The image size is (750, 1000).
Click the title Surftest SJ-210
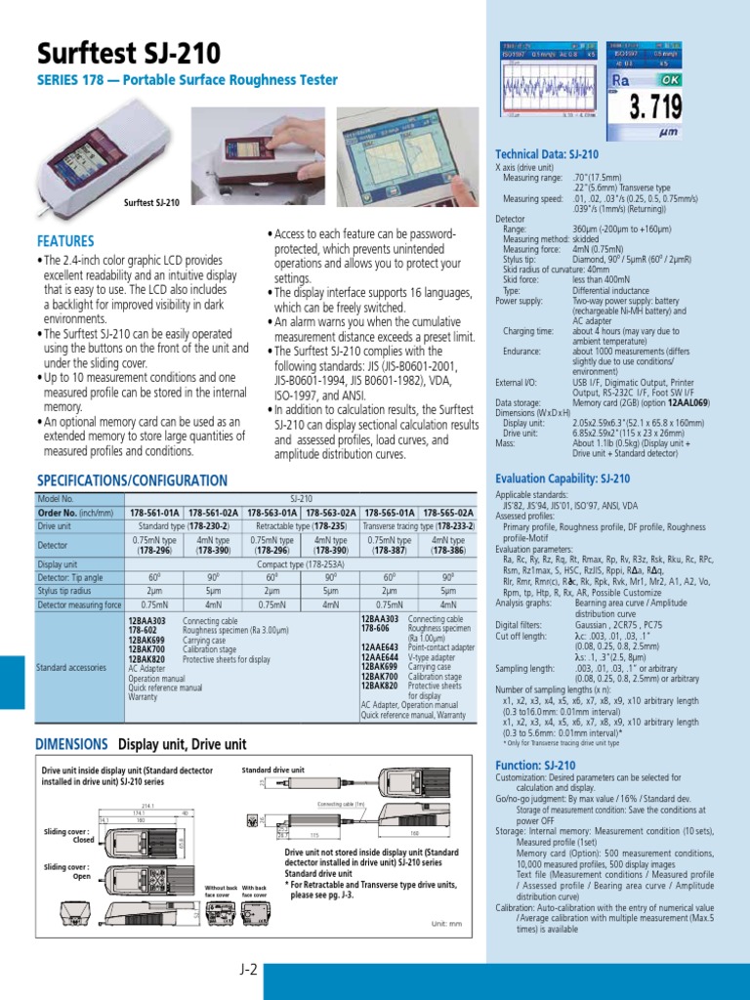129,53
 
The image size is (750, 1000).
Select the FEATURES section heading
65,240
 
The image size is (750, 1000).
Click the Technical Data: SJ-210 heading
547,154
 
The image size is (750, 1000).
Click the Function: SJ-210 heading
535,738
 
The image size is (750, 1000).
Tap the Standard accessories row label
73,667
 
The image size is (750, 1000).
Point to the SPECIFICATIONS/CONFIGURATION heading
131,480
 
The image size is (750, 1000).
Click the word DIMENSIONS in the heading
70,743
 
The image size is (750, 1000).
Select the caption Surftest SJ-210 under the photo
151,202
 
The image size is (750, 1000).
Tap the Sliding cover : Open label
68,872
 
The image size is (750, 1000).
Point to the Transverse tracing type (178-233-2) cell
418,525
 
